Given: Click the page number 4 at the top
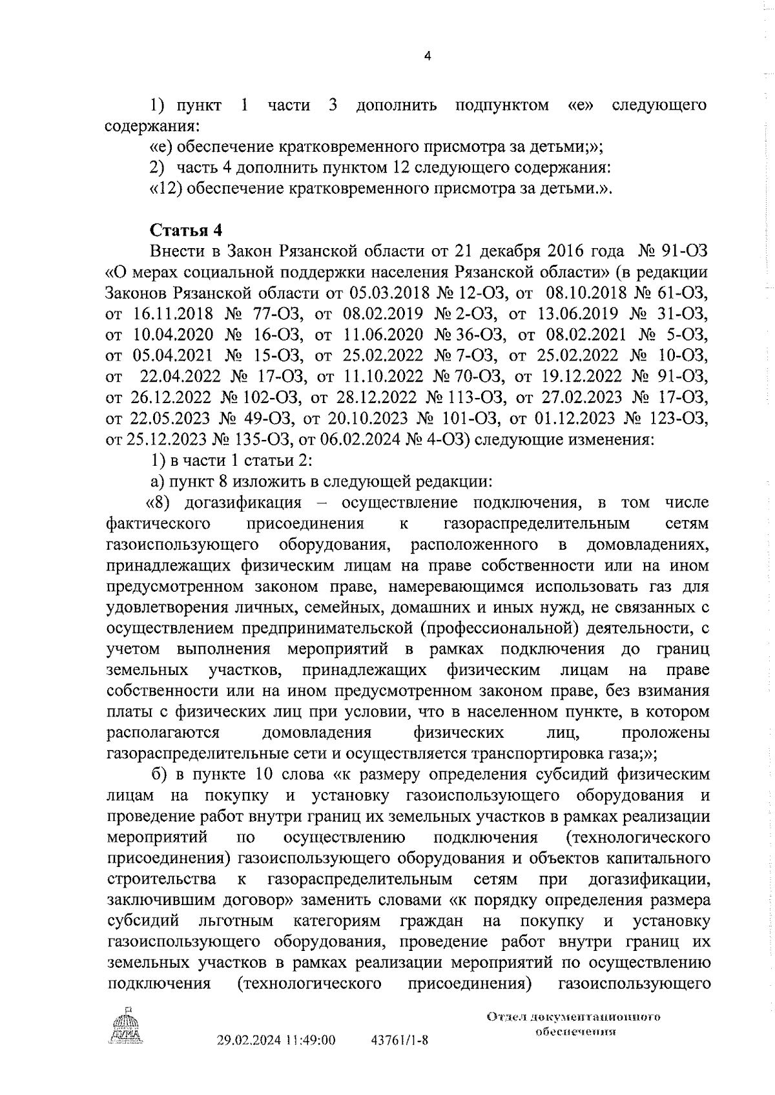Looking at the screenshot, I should click(x=426, y=57).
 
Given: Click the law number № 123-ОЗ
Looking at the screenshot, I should click(x=666, y=419).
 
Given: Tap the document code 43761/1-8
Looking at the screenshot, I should click(x=400, y=1040).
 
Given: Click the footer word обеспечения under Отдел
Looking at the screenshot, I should click(x=575, y=1030).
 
